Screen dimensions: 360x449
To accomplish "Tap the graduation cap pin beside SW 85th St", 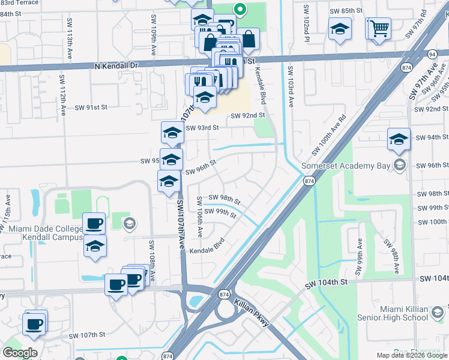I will click(339, 28).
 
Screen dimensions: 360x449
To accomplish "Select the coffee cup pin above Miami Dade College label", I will click(94, 224).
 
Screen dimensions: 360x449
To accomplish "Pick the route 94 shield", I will click(432, 55).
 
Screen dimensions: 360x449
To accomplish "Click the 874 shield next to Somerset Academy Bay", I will click(309, 181).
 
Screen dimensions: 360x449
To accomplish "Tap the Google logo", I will click(20, 353).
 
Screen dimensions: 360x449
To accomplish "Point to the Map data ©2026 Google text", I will click(411, 355).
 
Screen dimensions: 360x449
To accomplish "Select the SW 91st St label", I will click(90, 107).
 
